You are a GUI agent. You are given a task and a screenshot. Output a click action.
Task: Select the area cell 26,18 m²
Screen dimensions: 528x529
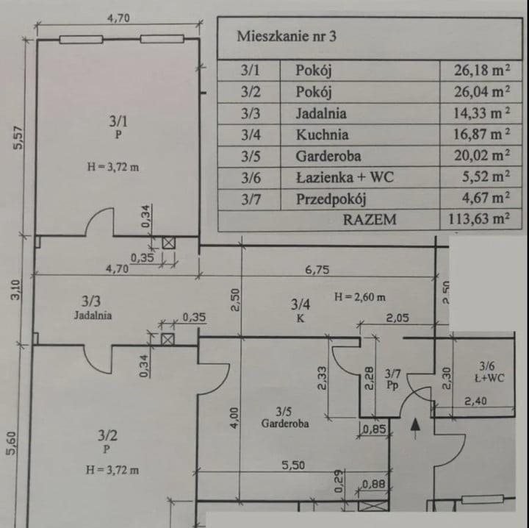click(x=483, y=71)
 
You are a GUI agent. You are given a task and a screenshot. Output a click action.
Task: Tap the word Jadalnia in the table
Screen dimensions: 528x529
click(x=321, y=113)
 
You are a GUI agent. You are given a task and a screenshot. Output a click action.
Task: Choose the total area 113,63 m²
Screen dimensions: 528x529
click(x=479, y=219)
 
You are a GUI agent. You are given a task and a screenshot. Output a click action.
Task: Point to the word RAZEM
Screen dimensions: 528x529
click(x=370, y=219)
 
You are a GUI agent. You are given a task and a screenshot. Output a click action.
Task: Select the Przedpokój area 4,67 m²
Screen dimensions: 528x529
click(x=486, y=199)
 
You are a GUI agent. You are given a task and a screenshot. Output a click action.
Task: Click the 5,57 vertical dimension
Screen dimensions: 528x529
click(x=19, y=138)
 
